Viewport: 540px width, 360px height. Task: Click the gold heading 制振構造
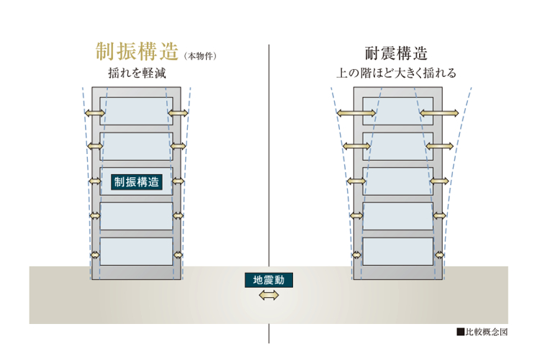coord(137,52)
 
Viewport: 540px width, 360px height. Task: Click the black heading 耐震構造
coord(397,53)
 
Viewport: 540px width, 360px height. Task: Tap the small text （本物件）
coord(200,56)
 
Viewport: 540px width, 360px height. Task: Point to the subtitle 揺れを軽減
coord(137,73)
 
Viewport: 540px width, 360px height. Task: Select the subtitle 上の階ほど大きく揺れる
coord(397,73)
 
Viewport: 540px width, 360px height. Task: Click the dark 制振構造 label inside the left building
coord(137,182)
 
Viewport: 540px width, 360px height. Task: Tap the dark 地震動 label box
coord(269,280)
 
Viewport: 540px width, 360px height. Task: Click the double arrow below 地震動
coord(269,295)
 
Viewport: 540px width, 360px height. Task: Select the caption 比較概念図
coord(487,332)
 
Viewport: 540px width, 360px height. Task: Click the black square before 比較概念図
coord(461,332)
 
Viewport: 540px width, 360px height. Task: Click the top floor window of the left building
coord(136,111)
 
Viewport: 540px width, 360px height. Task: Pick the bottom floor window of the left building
coord(136,251)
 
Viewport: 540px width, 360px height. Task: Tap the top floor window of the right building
coord(397,111)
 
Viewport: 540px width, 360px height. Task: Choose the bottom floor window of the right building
coord(397,251)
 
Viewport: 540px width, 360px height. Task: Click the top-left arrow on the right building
coord(356,113)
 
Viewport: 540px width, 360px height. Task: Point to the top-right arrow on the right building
coord(439,113)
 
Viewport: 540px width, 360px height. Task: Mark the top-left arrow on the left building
coord(95,112)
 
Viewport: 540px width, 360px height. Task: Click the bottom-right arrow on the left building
coord(178,255)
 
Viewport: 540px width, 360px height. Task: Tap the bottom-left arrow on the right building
coord(356,256)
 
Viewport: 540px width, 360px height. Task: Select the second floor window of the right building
coord(397,216)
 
